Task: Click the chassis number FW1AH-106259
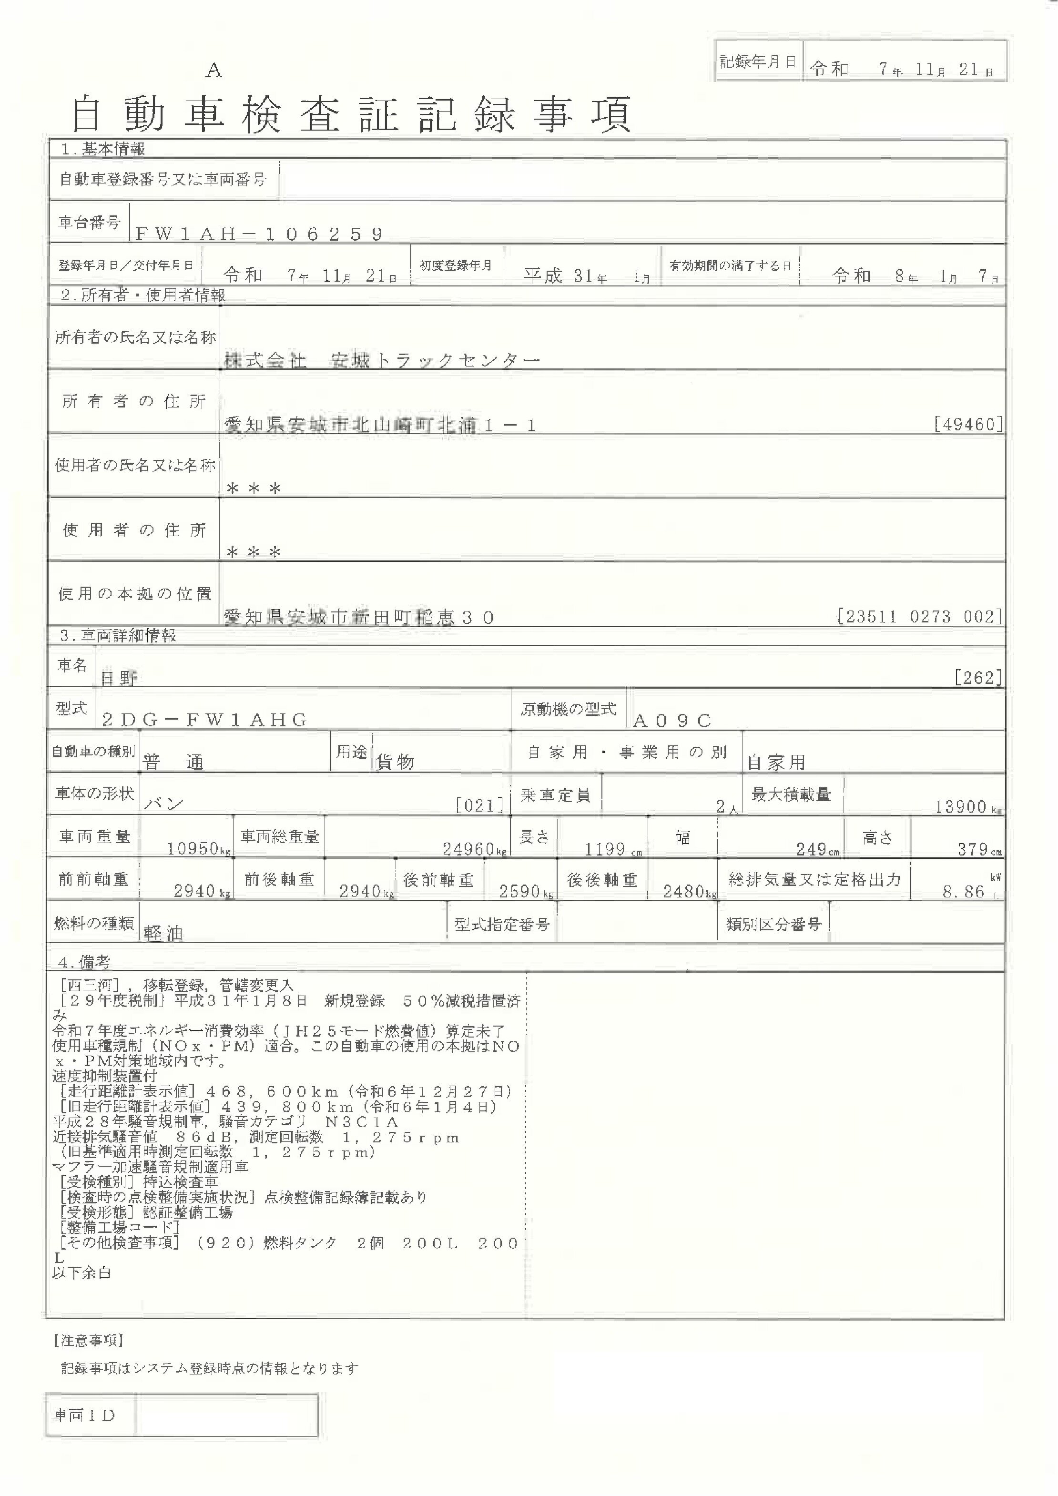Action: [259, 234]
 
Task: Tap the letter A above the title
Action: [214, 71]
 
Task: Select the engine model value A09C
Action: [672, 721]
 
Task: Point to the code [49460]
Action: [967, 425]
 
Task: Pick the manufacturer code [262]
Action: [977, 678]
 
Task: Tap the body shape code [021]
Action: [480, 806]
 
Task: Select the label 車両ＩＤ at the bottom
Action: [84, 1415]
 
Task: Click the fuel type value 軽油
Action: [163, 933]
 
